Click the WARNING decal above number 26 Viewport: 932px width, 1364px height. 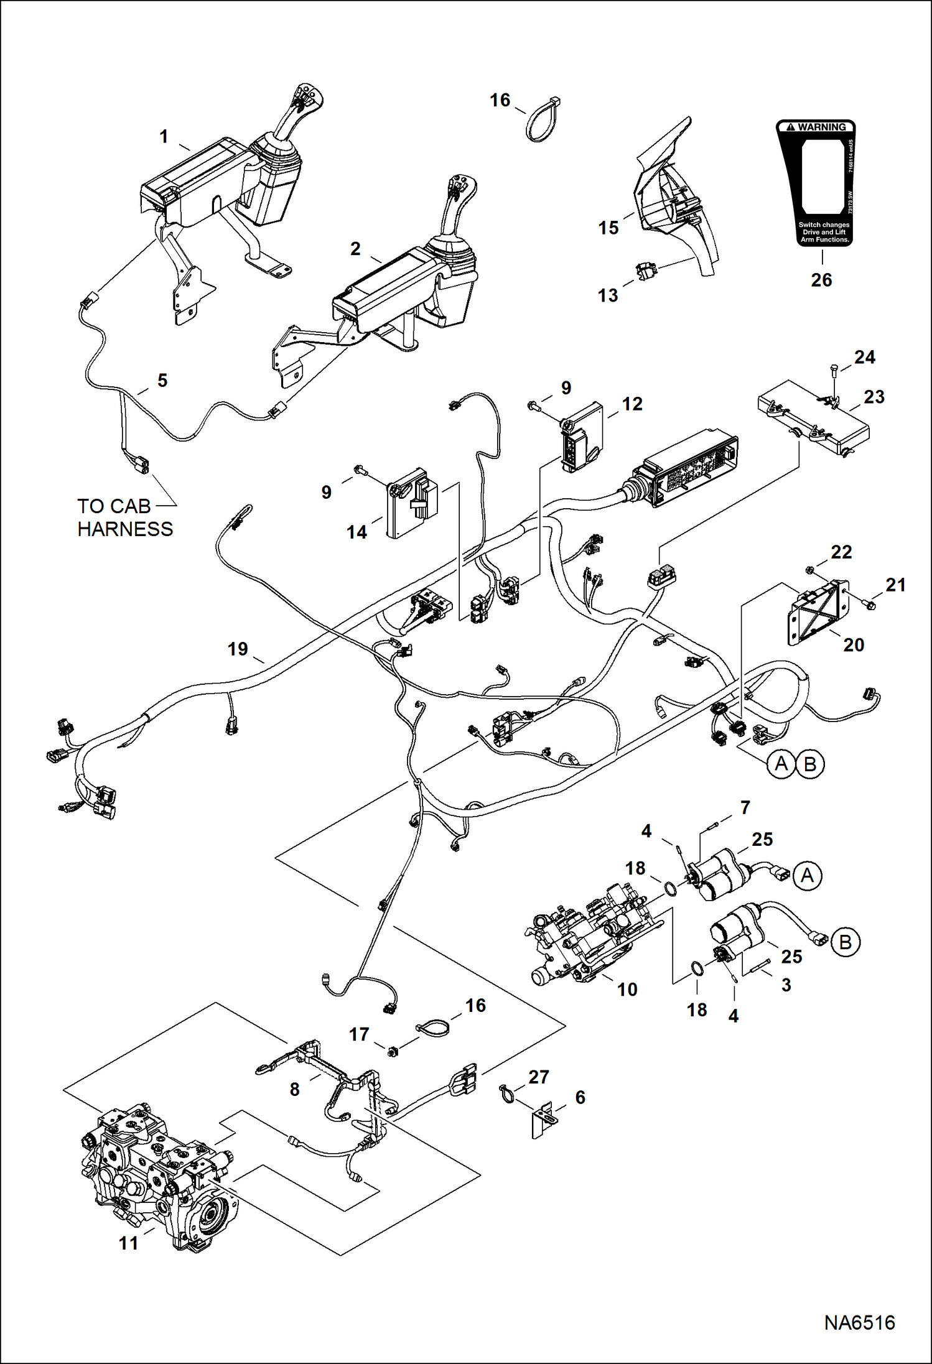(816, 183)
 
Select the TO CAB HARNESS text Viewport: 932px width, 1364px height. (124, 517)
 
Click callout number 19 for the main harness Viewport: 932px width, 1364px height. (238, 649)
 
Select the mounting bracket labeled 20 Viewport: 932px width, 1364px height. (817, 611)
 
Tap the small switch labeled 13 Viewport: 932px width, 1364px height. (646, 272)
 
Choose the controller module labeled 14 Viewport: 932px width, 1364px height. (411, 503)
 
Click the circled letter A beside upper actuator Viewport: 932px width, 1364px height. (807, 876)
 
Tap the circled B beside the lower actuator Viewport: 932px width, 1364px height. (845, 942)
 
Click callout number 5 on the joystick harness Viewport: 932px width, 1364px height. (162, 381)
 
